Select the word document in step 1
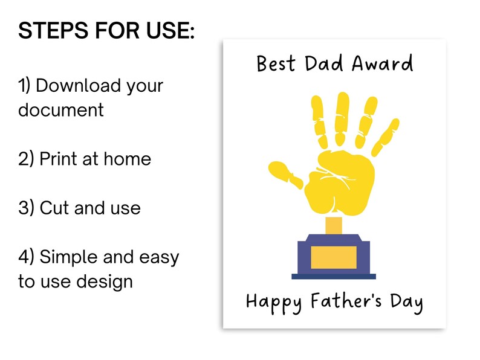60,110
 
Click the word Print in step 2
58,159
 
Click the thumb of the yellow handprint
284,172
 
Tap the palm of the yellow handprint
335,184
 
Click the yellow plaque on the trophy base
333,257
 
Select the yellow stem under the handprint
333,225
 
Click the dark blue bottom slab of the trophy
333,276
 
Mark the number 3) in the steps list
26,208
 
